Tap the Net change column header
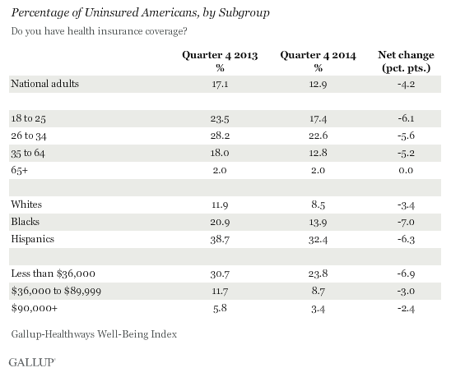click(406, 61)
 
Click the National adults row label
click(45, 84)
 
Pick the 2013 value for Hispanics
click(220, 239)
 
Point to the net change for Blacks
click(406, 222)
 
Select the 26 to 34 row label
click(29, 136)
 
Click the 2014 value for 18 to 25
click(318, 118)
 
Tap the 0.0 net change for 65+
click(406, 170)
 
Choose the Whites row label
click(26, 205)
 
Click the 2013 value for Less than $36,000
click(220, 274)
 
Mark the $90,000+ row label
click(35, 308)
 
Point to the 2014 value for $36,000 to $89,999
click(318, 291)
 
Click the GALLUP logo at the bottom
click(31, 362)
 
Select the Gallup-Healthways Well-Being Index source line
click(94, 334)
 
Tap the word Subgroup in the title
click(244, 13)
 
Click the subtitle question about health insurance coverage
click(99, 31)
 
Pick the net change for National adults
click(406, 84)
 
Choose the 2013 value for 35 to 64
click(220, 153)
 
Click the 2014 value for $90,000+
click(318, 309)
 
